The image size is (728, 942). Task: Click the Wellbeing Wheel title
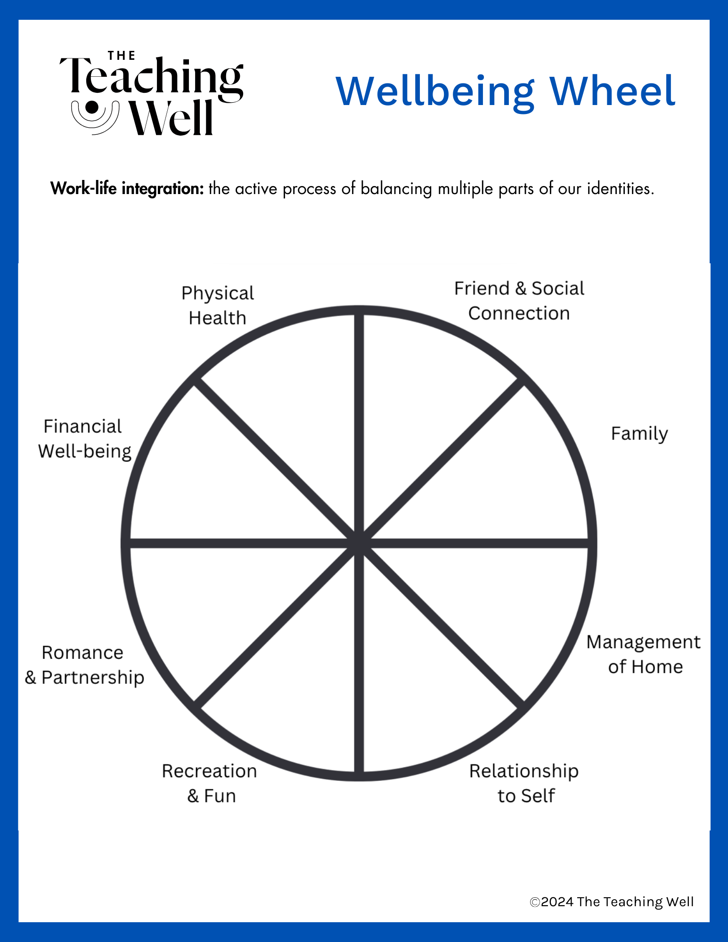(x=506, y=91)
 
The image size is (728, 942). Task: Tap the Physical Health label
(x=218, y=305)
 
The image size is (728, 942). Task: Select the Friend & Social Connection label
(x=519, y=300)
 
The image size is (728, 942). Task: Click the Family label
(x=639, y=433)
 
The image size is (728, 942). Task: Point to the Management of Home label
(x=644, y=654)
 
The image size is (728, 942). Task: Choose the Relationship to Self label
(x=524, y=783)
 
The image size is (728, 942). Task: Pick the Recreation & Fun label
(x=210, y=783)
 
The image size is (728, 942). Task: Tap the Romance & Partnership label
(x=84, y=665)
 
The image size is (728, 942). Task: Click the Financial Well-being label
(x=84, y=439)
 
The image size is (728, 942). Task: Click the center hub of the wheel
(x=359, y=543)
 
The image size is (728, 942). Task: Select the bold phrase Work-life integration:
(x=127, y=188)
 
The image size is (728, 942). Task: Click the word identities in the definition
(x=620, y=188)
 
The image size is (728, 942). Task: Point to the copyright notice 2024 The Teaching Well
(x=612, y=901)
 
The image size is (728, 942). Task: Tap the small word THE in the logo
(x=122, y=56)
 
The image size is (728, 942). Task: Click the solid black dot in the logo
(x=92, y=108)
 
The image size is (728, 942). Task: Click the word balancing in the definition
(x=396, y=188)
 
